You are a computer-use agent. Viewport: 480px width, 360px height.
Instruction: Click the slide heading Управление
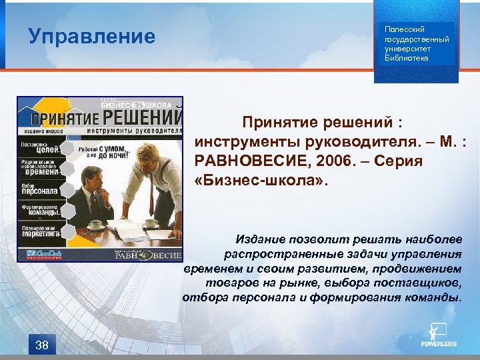pyautogui.click(x=92, y=36)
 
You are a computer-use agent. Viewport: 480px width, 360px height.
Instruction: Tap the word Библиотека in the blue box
pyautogui.click(x=407, y=58)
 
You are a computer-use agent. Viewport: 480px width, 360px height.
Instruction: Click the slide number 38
pyautogui.click(x=41, y=345)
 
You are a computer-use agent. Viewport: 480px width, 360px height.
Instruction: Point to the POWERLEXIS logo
pyautogui.click(x=438, y=336)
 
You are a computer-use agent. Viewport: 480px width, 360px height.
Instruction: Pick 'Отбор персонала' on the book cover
pyautogui.click(x=40, y=188)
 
